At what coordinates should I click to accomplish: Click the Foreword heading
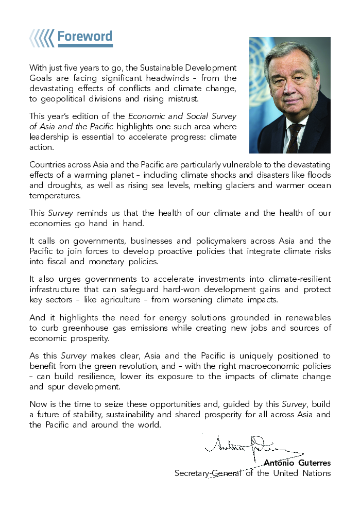[84, 37]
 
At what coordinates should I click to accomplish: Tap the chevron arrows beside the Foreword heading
[42, 38]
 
